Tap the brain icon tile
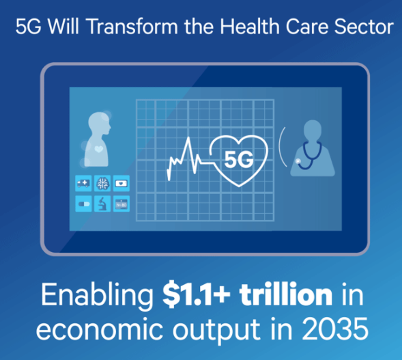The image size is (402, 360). [x=103, y=183]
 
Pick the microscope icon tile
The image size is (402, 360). [x=103, y=202]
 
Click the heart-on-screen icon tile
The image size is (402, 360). [x=121, y=183]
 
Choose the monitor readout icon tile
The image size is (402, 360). [x=121, y=202]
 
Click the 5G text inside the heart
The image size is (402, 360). [x=240, y=161]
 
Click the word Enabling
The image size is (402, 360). [x=96, y=296]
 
